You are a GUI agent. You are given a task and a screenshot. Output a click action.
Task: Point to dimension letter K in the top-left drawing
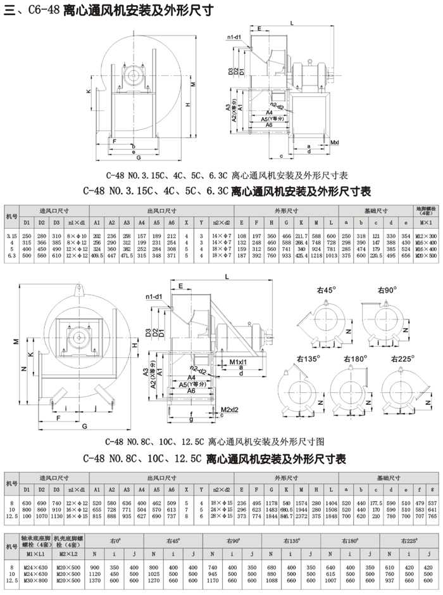(89, 92)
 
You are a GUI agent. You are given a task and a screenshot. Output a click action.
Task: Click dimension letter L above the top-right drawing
(291, 22)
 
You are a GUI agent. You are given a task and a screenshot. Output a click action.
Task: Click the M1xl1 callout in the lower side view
(237, 361)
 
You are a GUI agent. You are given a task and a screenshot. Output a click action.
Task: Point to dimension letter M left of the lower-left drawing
(16, 342)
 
